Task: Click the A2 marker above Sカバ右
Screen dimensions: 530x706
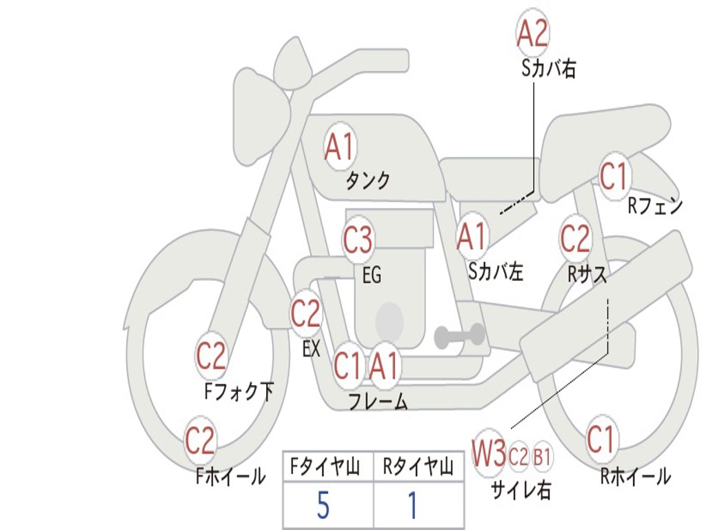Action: coord(532,33)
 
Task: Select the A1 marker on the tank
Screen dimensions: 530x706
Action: coord(339,147)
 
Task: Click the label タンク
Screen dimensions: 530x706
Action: coord(367,181)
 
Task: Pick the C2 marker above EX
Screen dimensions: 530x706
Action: coord(305,314)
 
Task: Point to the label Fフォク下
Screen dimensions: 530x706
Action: coord(239,392)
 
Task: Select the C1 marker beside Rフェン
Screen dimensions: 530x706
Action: coord(614,177)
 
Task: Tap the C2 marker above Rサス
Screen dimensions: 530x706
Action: coord(575,239)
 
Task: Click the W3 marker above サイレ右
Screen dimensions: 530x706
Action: coord(489,453)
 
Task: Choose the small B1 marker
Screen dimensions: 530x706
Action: coord(543,455)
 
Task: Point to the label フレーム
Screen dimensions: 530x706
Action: coord(378,402)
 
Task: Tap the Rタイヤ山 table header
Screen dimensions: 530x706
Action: coord(418,469)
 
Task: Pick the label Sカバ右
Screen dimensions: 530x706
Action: coord(549,69)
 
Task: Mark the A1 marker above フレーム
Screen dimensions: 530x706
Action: coord(384,366)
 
